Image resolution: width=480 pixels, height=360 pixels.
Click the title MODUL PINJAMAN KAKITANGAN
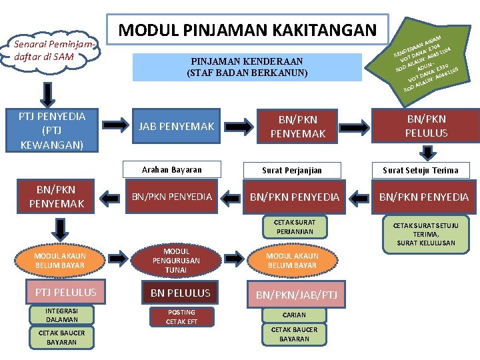(x=247, y=30)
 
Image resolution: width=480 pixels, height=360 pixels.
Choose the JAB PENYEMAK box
(x=176, y=126)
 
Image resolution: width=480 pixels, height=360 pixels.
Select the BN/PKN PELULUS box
(x=426, y=126)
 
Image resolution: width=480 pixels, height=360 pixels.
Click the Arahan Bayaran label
(x=173, y=170)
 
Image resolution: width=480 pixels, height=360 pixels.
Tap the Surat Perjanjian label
(x=292, y=170)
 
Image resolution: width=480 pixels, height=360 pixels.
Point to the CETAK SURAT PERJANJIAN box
(x=292, y=227)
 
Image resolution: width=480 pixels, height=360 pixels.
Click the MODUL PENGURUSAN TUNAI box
(x=176, y=261)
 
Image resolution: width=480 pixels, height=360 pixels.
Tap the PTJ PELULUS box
(x=61, y=293)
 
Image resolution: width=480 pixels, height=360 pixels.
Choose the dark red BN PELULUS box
(x=180, y=293)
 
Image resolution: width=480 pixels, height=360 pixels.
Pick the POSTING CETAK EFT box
(x=181, y=317)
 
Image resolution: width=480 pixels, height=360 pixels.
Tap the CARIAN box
(x=294, y=315)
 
